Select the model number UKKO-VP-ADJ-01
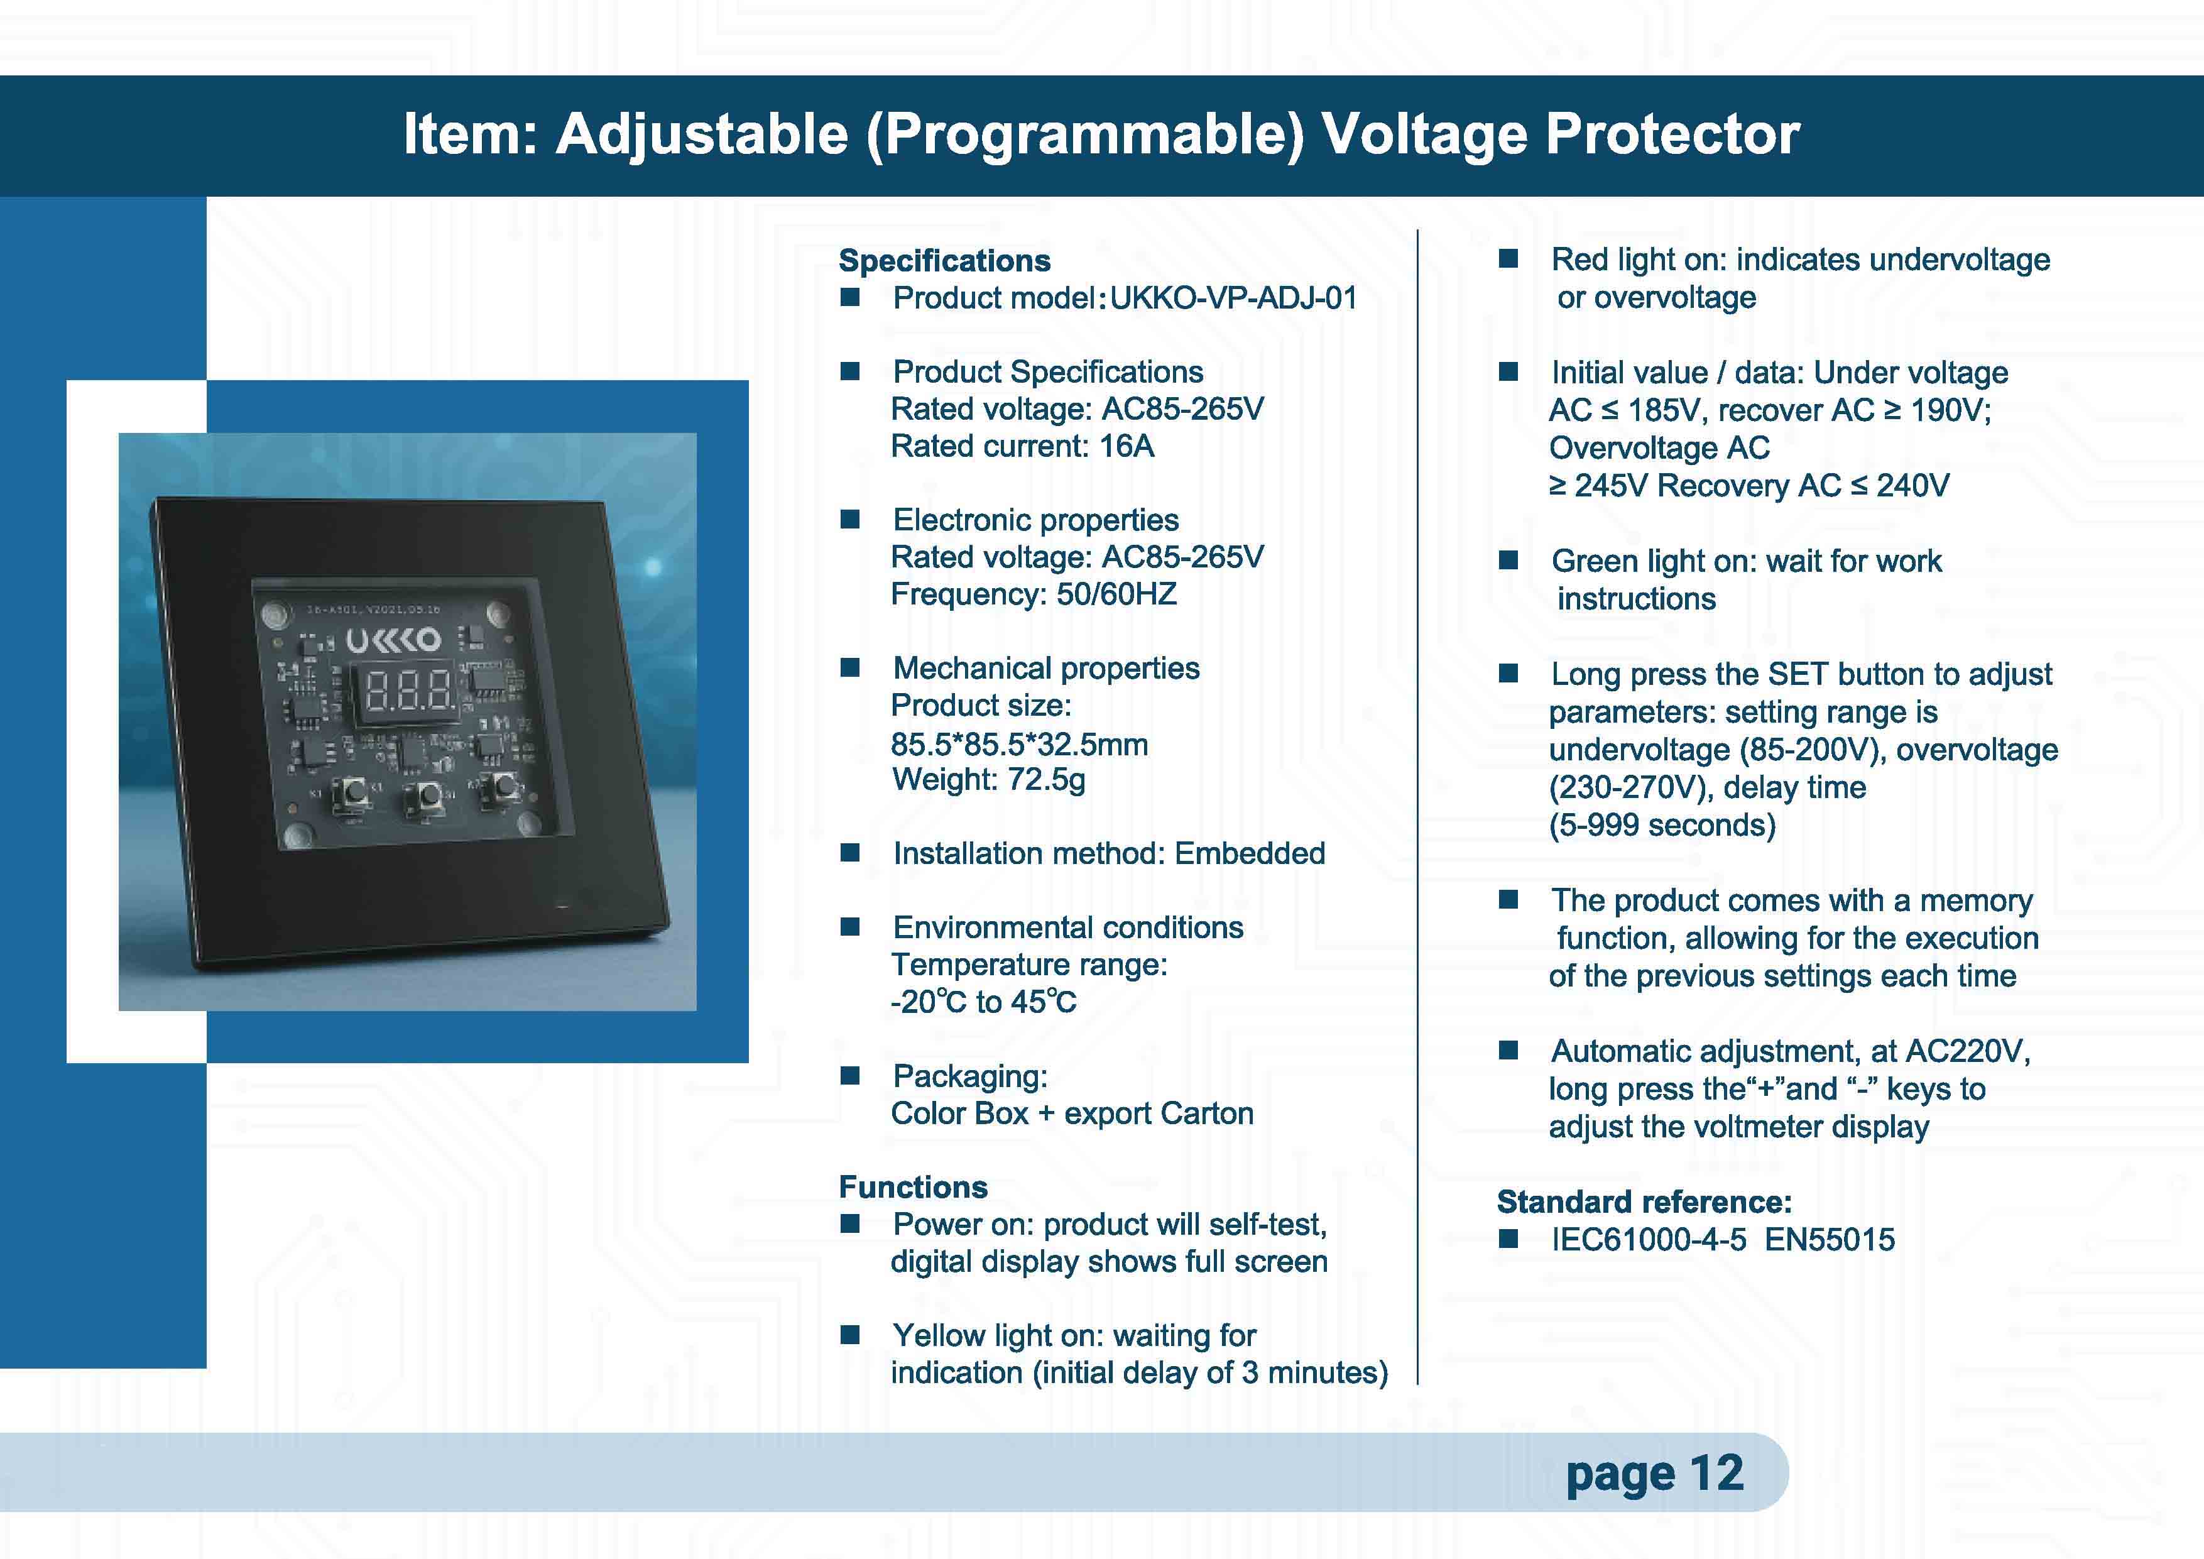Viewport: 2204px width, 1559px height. (1233, 298)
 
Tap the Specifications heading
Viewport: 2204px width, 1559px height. (944, 261)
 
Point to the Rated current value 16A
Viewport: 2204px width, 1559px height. (1127, 446)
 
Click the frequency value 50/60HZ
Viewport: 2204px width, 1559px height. (1116, 594)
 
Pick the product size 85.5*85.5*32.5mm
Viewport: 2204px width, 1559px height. (1020, 744)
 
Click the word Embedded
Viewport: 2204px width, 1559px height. (1250, 853)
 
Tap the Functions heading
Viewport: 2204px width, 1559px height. (913, 1188)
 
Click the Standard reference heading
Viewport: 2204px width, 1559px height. (1644, 1202)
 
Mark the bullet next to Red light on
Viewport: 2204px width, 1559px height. (1508, 259)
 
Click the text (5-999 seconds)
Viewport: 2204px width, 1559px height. (1662, 826)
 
